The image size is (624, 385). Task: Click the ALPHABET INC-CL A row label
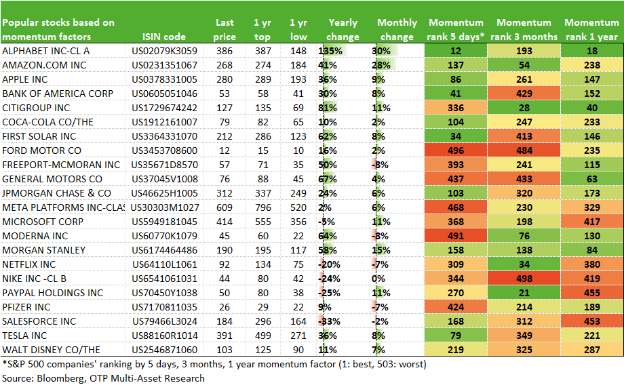click(45, 51)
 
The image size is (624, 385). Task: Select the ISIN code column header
click(164, 37)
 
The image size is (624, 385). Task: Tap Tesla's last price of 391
click(225, 336)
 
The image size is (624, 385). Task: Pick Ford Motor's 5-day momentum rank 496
click(456, 150)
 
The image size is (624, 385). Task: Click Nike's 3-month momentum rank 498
click(524, 279)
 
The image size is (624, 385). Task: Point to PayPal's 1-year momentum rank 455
click(592, 293)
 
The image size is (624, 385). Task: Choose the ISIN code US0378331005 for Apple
click(164, 79)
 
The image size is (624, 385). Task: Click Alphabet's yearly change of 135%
click(330, 51)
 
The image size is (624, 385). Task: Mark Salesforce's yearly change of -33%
click(329, 321)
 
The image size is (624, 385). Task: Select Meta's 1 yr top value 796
click(263, 207)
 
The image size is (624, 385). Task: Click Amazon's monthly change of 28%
click(381, 65)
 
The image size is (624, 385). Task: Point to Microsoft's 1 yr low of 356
click(298, 222)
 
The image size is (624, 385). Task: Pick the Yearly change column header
click(343, 29)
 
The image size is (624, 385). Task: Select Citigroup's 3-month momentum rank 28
click(524, 108)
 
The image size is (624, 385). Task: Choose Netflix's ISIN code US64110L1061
click(165, 264)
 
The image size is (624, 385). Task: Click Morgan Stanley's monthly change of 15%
click(381, 251)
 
